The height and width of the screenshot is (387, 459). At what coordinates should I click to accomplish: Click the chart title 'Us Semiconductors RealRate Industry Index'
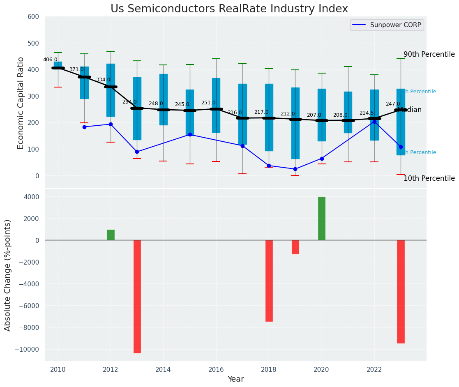tap(229, 9)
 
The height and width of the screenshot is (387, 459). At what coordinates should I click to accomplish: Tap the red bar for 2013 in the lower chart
tap(137, 296)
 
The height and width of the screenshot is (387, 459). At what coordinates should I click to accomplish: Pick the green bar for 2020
tap(322, 219)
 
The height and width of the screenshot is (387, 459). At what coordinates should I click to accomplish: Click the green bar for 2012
tap(111, 235)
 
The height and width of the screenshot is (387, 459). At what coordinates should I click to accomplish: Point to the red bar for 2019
tap(295, 247)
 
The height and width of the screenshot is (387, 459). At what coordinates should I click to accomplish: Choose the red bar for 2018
tap(269, 281)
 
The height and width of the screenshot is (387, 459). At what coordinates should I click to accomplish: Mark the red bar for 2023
tap(401, 291)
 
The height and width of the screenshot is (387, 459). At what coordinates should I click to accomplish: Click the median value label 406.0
tap(50, 60)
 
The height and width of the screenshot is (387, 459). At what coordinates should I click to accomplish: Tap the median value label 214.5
tap(367, 113)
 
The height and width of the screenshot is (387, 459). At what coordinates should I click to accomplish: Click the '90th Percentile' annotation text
tap(429, 54)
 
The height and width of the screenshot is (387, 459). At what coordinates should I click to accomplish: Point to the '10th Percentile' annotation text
tap(429, 178)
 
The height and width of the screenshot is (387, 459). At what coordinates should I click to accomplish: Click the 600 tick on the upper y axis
tap(33, 17)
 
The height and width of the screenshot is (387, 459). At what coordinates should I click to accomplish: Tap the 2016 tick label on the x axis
tap(216, 369)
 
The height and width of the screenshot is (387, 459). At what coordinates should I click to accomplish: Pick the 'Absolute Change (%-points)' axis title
tap(8, 275)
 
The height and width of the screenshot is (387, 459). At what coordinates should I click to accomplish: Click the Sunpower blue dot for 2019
tap(295, 169)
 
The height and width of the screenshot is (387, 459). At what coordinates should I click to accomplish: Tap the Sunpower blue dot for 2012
tap(111, 124)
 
